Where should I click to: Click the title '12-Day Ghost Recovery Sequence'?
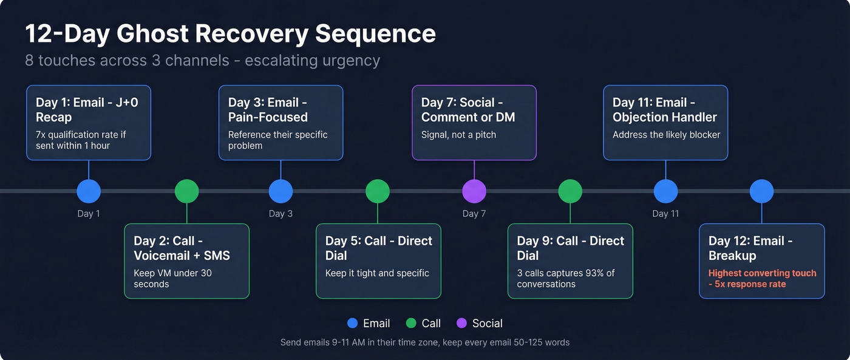click(x=230, y=33)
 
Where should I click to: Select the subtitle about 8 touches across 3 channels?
click(x=202, y=61)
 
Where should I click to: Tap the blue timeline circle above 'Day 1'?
click(x=89, y=191)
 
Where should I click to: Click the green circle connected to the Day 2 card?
click(x=186, y=191)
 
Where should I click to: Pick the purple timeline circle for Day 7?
click(x=474, y=191)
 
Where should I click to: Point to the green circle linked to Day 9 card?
click(x=570, y=191)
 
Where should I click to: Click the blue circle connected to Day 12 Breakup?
click(x=761, y=191)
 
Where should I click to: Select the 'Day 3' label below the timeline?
click(x=280, y=214)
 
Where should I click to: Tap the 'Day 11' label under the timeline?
click(x=665, y=214)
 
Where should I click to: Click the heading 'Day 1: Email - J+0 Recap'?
click(x=87, y=110)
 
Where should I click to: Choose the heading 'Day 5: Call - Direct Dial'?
click(x=378, y=248)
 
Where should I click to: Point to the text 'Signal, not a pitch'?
click(x=458, y=135)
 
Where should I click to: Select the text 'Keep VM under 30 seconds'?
click(x=172, y=279)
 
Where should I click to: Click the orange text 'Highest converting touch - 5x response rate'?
click(x=762, y=279)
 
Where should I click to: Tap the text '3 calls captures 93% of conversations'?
click(x=566, y=279)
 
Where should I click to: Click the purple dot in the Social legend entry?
click(x=461, y=324)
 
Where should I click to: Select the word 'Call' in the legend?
click(x=431, y=324)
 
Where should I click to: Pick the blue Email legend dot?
click(x=352, y=324)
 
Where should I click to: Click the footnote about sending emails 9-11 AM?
click(x=425, y=342)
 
